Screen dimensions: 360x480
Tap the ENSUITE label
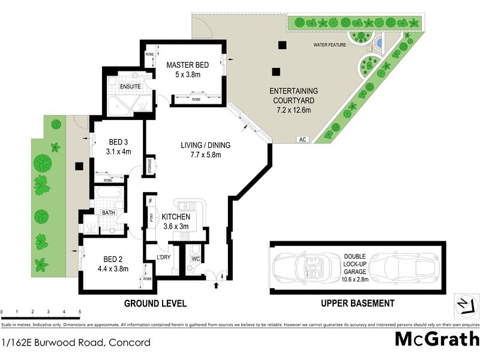tap(130, 86)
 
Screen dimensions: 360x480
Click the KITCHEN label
tap(176, 217)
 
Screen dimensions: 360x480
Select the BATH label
tap(108, 212)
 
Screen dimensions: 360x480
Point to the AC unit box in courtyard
tap(302, 139)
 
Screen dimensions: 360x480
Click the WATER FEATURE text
tap(329, 45)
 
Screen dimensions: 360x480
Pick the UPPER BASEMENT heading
tap(358, 304)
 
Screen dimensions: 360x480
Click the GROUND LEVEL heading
tap(155, 304)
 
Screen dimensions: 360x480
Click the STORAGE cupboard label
tap(150, 167)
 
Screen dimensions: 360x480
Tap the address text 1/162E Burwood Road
tap(75, 343)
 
